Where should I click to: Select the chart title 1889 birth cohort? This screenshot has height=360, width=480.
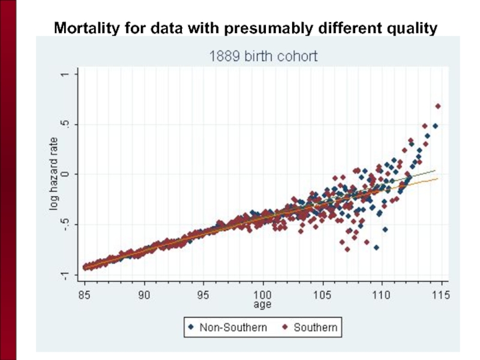[263, 56]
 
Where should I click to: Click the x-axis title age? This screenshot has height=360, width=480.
[262, 305]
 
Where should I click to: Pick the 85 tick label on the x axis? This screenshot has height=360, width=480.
[85, 295]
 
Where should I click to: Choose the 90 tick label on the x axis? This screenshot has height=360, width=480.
[144, 295]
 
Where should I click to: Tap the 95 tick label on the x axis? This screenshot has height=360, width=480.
[203, 295]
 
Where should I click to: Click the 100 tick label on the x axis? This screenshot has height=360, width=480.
[262, 295]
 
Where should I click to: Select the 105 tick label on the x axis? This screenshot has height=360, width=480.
[322, 295]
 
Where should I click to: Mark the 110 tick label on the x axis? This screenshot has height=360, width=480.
[381, 295]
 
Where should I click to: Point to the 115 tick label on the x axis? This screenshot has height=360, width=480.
[440, 295]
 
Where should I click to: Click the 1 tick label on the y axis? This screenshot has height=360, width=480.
[65, 74]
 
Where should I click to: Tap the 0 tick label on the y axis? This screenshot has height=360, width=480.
[65, 175]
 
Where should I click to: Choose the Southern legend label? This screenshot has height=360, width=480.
[315, 328]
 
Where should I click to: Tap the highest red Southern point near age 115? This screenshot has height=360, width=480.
[438, 106]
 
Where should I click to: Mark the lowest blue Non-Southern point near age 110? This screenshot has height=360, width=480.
[376, 247]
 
